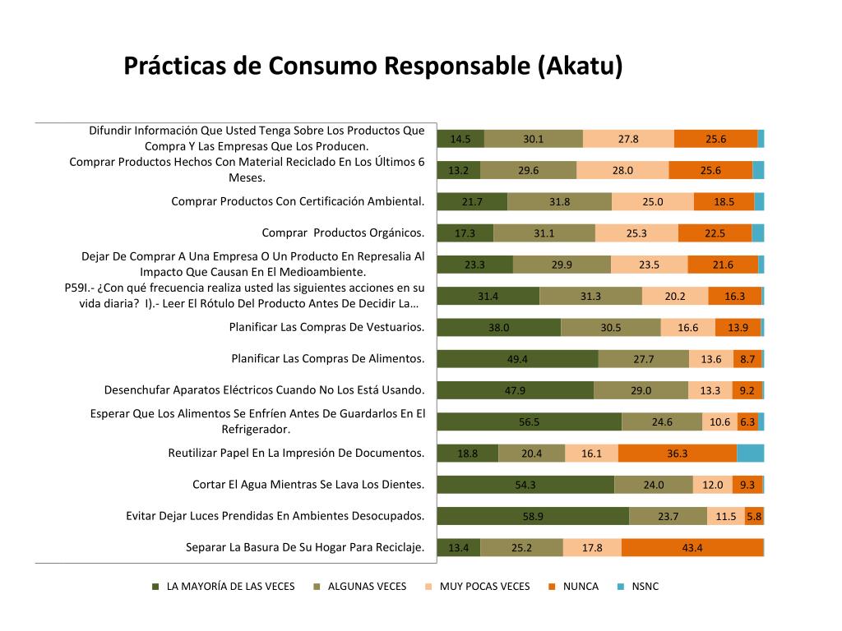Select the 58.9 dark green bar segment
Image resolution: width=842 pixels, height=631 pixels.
tap(533, 516)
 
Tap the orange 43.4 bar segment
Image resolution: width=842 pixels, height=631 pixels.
tap(692, 548)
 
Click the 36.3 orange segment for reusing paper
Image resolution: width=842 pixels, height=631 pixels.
tap(678, 453)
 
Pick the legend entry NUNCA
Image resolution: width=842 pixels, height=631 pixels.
tap(581, 587)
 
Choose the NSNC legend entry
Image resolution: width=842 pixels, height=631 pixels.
tap(645, 587)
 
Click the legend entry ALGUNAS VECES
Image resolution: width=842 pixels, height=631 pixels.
tap(367, 587)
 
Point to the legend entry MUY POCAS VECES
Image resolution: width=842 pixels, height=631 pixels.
tap(484, 587)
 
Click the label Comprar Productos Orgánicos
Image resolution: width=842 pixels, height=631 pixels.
tap(343, 233)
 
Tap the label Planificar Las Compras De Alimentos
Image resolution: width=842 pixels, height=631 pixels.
tap(328, 358)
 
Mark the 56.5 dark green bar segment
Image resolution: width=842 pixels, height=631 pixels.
tap(529, 421)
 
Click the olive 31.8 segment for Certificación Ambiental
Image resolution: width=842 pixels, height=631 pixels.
tap(559, 201)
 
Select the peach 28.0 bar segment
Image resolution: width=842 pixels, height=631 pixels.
tap(622, 170)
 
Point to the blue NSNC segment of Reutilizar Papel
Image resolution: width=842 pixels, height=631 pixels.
tap(750, 453)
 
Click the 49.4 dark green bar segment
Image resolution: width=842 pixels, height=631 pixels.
tap(517, 358)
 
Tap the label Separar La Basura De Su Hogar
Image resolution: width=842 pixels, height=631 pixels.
tap(305, 547)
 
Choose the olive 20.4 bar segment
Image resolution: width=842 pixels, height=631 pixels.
tap(531, 453)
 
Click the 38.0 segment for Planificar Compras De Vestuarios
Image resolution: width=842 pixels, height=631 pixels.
tap(498, 327)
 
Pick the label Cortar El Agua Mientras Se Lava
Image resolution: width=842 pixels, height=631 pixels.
tap(308, 485)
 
